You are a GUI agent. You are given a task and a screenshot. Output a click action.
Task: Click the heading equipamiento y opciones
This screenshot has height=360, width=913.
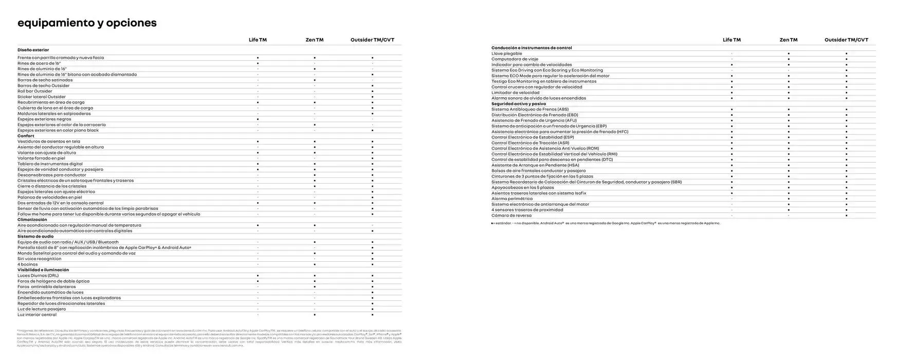click(x=87, y=23)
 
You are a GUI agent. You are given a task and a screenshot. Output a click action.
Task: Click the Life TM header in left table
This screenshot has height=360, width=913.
click(x=258, y=40)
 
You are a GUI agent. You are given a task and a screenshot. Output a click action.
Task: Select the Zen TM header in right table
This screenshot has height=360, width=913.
click(x=788, y=40)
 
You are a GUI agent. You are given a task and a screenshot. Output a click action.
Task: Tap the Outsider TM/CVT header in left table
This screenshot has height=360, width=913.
click(x=372, y=40)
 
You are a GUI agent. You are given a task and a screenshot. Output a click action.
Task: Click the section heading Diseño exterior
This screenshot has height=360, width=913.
click(x=33, y=50)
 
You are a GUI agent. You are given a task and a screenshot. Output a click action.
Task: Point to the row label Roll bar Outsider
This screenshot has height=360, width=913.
click(x=34, y=92)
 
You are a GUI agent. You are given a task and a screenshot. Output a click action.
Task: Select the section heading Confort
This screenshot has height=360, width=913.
click(x=26, y=136)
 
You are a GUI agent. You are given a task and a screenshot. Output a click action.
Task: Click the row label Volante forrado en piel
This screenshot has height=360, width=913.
click(x=41, y=158)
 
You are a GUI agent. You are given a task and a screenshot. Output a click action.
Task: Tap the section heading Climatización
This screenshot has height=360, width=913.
click(x=32, y=220)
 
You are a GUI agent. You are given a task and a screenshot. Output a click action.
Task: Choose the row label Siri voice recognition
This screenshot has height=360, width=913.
click(x=39, y=259)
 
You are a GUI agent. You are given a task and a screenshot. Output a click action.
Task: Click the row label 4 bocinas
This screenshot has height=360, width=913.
click(x=27, y=264)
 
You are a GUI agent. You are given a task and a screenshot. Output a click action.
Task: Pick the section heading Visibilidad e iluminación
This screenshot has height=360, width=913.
click(x=43, y=270)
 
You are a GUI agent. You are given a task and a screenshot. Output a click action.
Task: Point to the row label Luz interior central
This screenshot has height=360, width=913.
click(x=36, y=315)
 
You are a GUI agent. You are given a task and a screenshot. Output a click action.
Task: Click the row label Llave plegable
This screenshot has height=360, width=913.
click(x=506, y=53)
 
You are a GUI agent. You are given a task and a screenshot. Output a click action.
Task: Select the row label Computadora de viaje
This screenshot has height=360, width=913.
click(x=515, y=59)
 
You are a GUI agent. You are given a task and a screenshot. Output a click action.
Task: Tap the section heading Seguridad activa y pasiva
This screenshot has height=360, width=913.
click(x=518, y=104)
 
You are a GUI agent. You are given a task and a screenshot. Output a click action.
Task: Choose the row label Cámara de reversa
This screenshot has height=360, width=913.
click(x=511, y=215)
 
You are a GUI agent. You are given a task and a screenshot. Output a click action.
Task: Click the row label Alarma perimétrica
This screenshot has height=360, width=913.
click(x=512, y=199)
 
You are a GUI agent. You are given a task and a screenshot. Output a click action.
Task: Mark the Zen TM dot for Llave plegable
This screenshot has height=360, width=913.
click(x=788, y=53)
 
